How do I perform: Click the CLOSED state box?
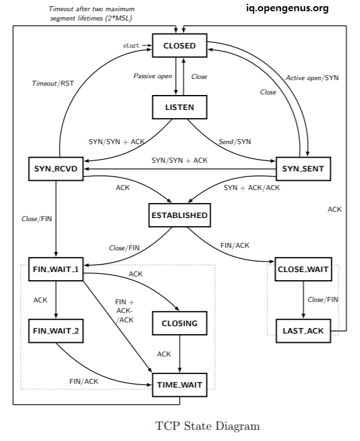179,45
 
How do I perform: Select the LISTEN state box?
179,107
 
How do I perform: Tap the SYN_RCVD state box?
56,168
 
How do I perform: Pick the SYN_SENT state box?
302,168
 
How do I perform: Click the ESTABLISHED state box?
179,216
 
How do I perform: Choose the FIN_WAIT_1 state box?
56,269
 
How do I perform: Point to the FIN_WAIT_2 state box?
56,330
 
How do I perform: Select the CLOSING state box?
179,323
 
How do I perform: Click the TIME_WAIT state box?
179,384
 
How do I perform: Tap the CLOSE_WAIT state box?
302,269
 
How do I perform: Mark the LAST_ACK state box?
302,330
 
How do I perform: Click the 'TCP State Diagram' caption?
207,426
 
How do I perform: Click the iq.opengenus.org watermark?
287,8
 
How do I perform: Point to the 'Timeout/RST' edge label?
52,83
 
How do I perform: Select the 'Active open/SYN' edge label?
312,78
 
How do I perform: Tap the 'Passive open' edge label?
153,76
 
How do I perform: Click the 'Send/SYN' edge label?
236,142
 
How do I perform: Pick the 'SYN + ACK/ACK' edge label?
252,187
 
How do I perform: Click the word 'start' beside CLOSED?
132,45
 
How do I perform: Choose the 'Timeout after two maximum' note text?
91,9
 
